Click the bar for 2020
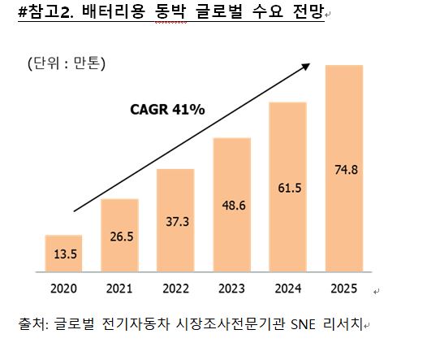click(63, 254)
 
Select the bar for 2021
click(119, 235)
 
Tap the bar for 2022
click(175, 220)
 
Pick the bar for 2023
click(232, 205)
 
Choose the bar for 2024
click(288, 187)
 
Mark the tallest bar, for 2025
click(344, 168)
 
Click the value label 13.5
click(66, 254)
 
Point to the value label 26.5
click(122, 236)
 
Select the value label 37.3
click(178, 222)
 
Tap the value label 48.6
click(234, 206)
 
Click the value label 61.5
click(290, 188)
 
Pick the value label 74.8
click(346, 170)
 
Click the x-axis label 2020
click(63, 288)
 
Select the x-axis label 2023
click(231, 288)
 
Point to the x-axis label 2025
click(344, 288)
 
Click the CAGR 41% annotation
click(167, 110)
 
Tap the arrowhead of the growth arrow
click(306, 67)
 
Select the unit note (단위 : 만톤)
click(67, 63)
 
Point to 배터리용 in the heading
click(113, 11)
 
